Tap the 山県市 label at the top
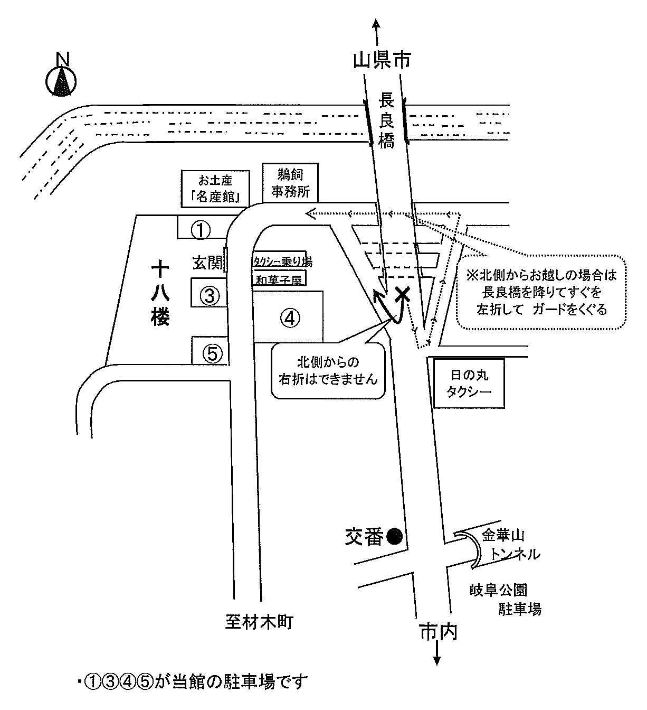(382, 60)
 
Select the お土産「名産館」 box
(215, 189)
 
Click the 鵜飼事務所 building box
(290, 183)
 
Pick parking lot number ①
(201, 230)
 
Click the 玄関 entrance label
(207, 263)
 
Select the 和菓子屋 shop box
(279, 279)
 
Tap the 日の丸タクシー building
(469, 384)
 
